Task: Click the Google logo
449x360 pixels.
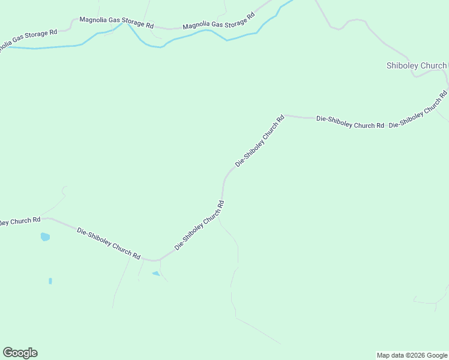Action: pos(20,353)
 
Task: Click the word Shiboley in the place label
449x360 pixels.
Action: pos(403,65)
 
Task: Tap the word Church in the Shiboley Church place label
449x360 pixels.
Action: pos(433,65)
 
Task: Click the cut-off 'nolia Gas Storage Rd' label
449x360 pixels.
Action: pos(28,40)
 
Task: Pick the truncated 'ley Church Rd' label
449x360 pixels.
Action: pos(20,221)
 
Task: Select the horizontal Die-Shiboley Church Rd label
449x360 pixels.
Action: pos(350,122)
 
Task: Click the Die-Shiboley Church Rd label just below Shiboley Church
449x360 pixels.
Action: pos(418,109)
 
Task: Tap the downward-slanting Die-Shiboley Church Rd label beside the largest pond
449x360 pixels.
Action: pos(109,243)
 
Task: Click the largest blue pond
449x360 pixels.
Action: pos(45,237)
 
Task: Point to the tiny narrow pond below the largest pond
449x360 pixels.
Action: pos(50,281)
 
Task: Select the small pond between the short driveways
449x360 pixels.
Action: pos(156,274)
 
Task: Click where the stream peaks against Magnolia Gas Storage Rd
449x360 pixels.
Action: pos(123,24)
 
